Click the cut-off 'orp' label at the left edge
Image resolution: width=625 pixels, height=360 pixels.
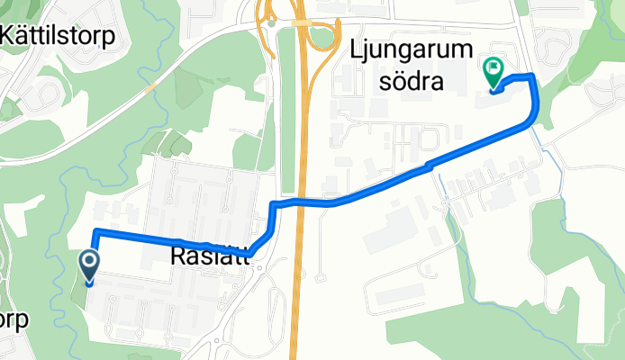[x=14, y=319]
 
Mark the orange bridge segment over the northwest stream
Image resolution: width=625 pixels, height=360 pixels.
[x=150, y=88]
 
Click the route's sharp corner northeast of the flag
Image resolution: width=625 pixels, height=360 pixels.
[x=533, y=76]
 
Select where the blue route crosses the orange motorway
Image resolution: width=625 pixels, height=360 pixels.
[x=303, y=201]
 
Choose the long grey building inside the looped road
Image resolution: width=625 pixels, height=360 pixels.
[x=400, y=295]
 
